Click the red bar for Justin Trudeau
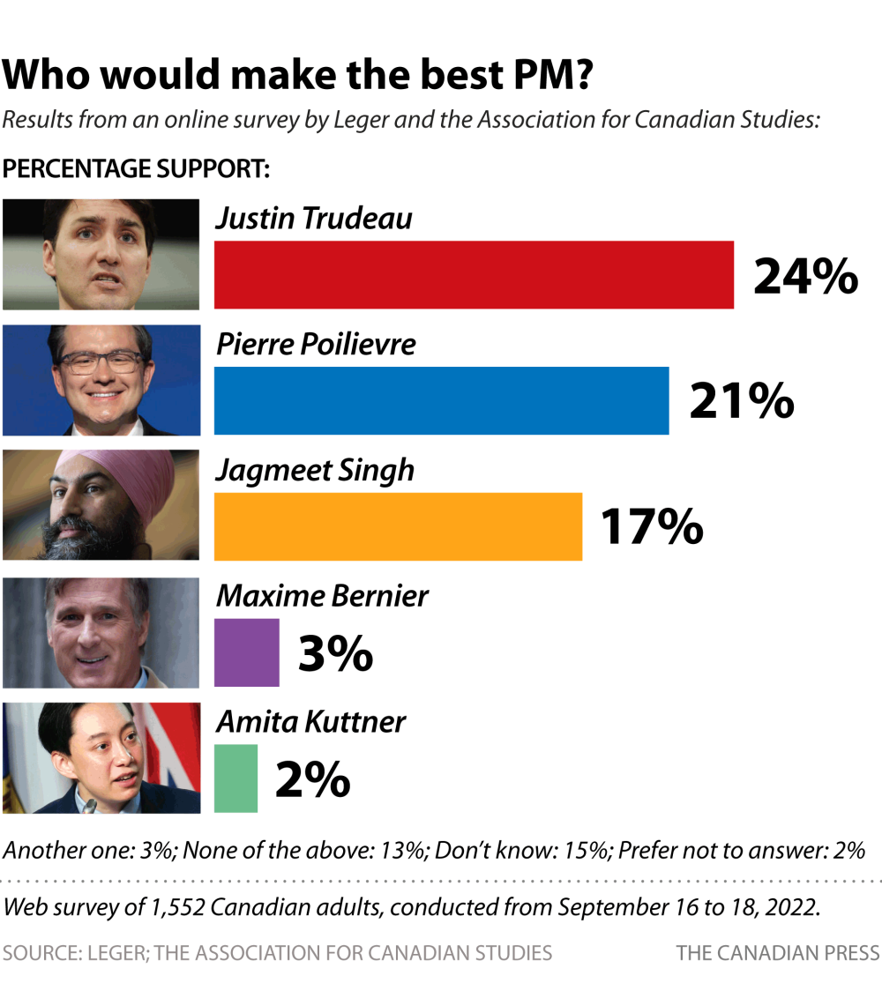474,274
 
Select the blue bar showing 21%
441,400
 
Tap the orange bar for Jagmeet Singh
398,526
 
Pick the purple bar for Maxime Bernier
246,652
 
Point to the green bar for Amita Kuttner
235,778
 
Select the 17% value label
652,526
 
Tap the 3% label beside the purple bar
335,653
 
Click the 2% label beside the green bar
313,779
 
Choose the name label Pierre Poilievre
316,344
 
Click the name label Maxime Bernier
322,596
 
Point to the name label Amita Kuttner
310,722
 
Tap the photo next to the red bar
101,254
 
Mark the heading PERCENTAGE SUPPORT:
137,168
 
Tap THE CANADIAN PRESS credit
777,953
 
